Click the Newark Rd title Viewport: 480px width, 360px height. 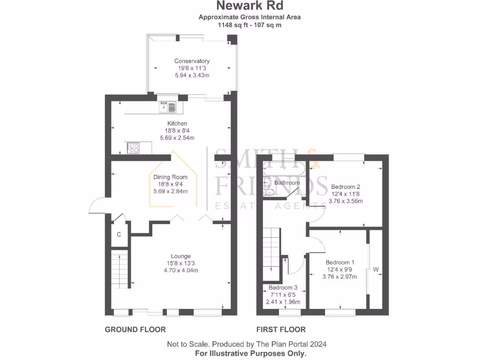pyautogui.click(x=249, y=6)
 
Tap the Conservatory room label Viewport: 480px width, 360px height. pyautogui.click(x=192, y=61)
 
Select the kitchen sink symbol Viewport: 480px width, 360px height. pyautogui.click(x=168, y=107)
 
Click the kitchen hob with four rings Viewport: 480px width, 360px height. pyautogui.click(x=133, y=148)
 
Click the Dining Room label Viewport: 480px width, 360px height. pyautogui.click(x=170, y=177)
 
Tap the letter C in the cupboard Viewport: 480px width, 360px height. pyautogui.click(x=119, y=234)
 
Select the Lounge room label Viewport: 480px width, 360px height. pyautogui.click(x=180, y=256)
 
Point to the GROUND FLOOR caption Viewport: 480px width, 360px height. pyautogui.click(x=135, y=330)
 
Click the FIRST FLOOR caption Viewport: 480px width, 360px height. pyautogui.click(x=281, y=330)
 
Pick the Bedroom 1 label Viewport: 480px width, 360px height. pyautogui.click(x=340, y=262)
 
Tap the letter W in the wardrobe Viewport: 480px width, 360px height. pyautogui.click(x=376, y=270)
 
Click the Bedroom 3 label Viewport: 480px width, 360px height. pyautogui.click(x=283, y=287)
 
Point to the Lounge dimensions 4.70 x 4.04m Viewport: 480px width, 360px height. pyautogui.click(x=180, y=270)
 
